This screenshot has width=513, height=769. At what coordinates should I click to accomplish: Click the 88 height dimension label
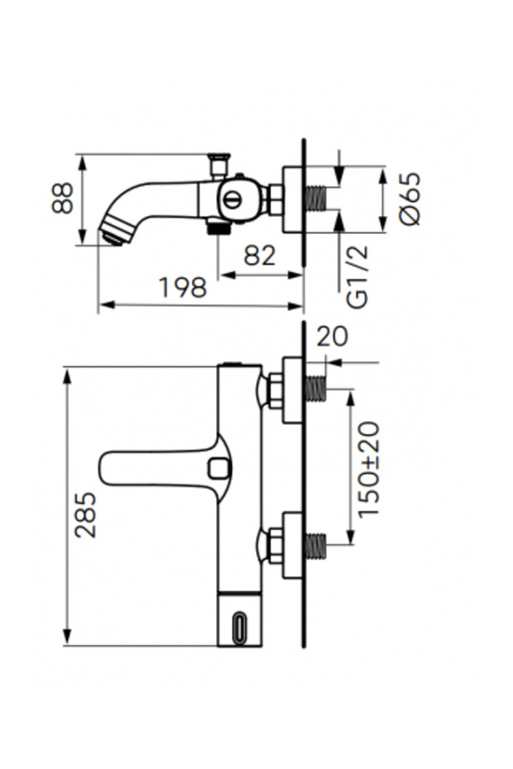coord(62,198)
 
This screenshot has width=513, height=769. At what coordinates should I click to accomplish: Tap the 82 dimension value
coord(260,256)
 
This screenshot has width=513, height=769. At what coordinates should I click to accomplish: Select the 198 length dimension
coord(183,288)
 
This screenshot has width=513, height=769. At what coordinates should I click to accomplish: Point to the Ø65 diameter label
coord(410,198)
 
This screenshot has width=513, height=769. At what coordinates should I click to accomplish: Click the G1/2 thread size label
coord(357,277)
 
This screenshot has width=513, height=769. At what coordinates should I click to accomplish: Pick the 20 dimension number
coord(332,337)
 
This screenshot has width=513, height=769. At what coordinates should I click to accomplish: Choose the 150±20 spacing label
coord(369,470)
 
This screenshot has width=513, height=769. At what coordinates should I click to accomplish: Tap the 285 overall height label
coord(85,514)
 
